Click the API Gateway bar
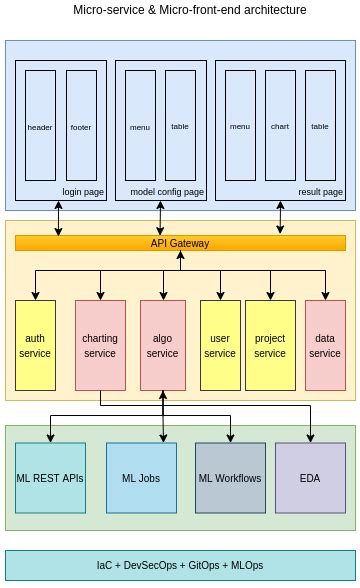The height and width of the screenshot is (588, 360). coord(180,243)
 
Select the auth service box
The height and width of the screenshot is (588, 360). coord(34,345)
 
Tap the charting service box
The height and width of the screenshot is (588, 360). coord(99,345)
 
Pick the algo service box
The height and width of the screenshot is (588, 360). coord(162,345)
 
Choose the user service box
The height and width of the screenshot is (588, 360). coord(219,345)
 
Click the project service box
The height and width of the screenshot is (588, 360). coord(269,345)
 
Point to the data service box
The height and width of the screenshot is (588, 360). coord(324,345)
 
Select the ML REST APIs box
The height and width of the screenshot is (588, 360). coord(50,478)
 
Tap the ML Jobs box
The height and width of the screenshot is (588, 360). coord(141,478)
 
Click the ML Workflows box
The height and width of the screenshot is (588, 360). coord(230,478)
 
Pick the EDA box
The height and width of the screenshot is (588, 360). coord(310,478)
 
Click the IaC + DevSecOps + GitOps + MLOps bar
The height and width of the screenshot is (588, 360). coord(180,565)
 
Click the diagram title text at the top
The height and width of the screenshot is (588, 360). coord(190,10)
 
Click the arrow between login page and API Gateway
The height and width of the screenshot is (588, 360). coord(58,218)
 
